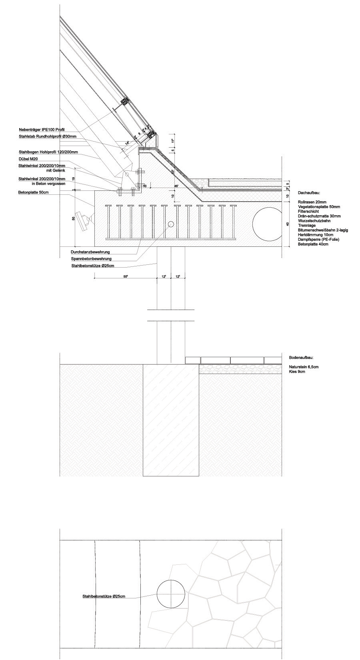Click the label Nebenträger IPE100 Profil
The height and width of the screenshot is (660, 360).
[x=41, y=130]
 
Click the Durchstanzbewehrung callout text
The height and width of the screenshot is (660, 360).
[x=90, y=252]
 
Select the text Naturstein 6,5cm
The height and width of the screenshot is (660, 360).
[x=304, y=367]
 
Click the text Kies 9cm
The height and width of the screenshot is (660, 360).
[x=297, y=372]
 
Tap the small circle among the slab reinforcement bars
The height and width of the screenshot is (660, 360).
[x=171, y=224]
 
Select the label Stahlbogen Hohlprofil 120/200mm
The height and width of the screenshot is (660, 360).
[x=48, y=152]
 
